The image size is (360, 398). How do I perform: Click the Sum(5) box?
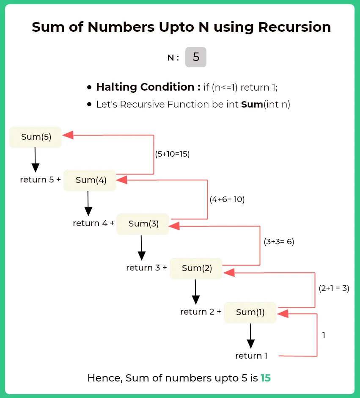(x=36, y=137)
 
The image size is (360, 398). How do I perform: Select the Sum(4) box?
(x=90, y=180)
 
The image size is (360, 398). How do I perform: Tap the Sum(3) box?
(x=143, y=224)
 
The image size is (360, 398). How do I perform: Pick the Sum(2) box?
(x=196, y=268)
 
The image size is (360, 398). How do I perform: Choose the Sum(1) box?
(x=250, y=312)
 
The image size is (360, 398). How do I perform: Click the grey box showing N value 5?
(x=196, y=57)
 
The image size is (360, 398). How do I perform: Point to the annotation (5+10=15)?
(x=172, y=154)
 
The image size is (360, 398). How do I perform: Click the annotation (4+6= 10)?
(x=227, y=199)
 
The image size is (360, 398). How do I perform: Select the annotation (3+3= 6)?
(x=279, y=242)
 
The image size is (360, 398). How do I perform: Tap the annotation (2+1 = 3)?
(x=334, y=289)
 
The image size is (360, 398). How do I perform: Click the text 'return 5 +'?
(x=40, y=180)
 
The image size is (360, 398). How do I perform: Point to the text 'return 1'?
(x=251, y=356)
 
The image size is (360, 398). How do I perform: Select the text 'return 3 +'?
(x=146, y=268)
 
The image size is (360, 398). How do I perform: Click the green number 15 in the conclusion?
(x=265, y=378)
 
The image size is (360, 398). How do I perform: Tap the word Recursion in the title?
(x=294, y=27)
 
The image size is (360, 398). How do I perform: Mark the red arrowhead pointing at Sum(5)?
(x=68, y=135)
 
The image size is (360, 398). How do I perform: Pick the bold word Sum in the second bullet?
(x=252, y=105)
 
